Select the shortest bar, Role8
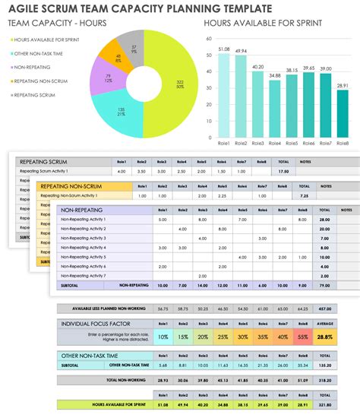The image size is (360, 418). [x=343, y=115]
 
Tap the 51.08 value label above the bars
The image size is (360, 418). [x=223, y=49]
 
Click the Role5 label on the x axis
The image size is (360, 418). [x=291, y=143]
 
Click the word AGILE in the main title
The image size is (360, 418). [x=27, y=8]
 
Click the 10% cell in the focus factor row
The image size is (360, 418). [x=162, y=336]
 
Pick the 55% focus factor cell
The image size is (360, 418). [x=302, y=336]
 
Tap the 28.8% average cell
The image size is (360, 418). [x=324, y=336]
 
